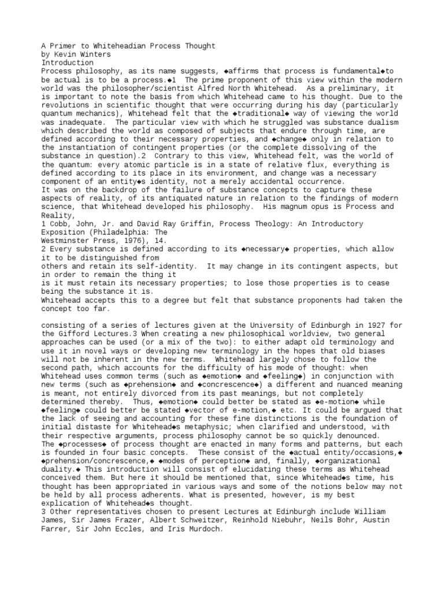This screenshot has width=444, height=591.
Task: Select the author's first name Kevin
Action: tap(63, 54)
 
